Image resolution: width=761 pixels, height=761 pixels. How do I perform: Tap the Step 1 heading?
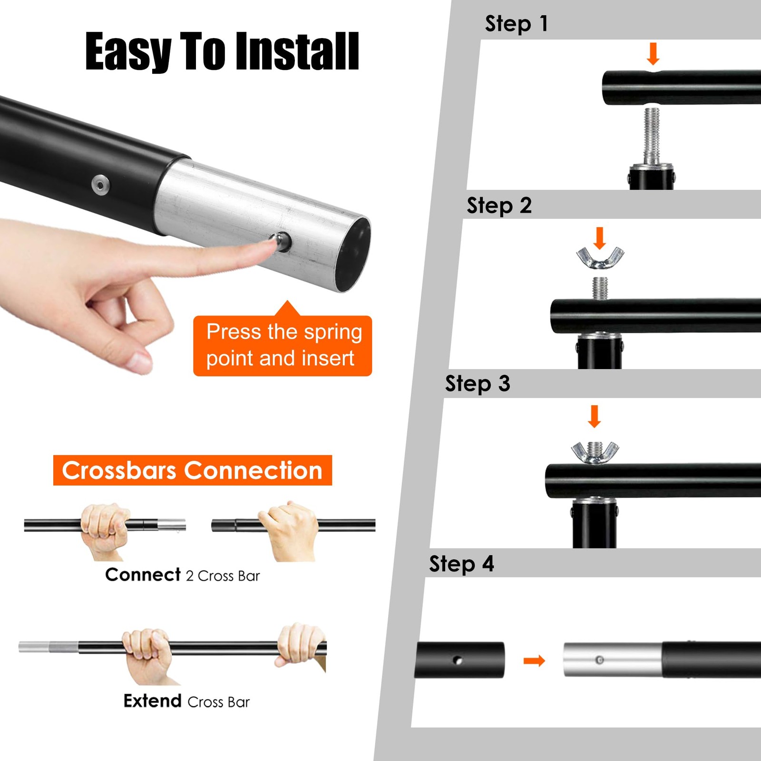coord(517,24)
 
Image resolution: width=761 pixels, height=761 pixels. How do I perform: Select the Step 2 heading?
coord(499,205)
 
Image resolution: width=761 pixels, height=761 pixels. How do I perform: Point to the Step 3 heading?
coord(478,383)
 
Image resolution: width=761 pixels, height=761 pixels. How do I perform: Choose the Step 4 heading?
coord(461,564)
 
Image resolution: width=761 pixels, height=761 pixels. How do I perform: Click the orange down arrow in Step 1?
coord(653,54)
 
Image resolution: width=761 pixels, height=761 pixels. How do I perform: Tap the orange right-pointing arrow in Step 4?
coord(534,661)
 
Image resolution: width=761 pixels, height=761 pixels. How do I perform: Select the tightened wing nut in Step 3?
coord(595,453)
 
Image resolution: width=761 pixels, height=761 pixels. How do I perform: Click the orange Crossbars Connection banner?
coord(193,470)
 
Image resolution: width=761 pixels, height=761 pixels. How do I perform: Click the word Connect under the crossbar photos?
coord(143,575)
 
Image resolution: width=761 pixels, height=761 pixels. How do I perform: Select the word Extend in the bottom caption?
coord(153,701)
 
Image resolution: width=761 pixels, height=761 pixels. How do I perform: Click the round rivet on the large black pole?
coord(100,184)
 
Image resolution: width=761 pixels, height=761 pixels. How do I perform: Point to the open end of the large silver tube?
coord(353,254)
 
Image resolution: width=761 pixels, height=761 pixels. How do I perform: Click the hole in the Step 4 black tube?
coord(458,660)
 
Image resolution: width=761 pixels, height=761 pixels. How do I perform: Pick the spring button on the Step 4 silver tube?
coord(600,660)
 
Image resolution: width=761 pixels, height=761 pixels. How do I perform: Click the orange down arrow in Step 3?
coord(595,416)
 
